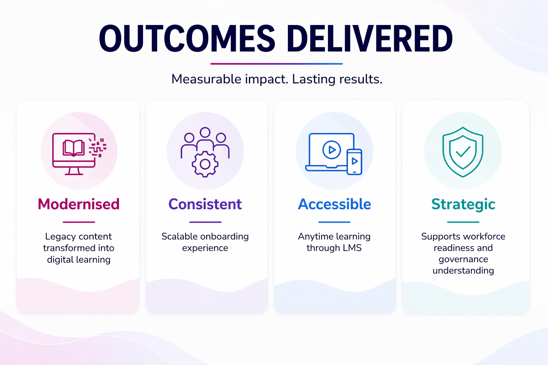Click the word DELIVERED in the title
[x=370, y=38]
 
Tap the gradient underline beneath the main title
[x=276, y=64]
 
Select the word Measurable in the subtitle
[x=207, y=79]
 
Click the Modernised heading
[x=78, y=204]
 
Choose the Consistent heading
[x=205, y=204]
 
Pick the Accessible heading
[x=334, y=204]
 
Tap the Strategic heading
[x=463, y=205]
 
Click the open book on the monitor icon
[x=73, y=148]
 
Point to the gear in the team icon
[x=205, y=164]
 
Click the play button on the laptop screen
[x=331, y=150]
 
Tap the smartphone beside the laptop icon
[x=355, y=162]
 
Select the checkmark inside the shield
[x=463, y=151]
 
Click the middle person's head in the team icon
[x=205, y=132]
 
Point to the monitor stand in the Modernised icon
[x=73, y=171]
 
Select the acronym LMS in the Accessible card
[x=352, y=248]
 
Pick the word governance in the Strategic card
[x=463, y=259]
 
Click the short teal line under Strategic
[x=463, y=222]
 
